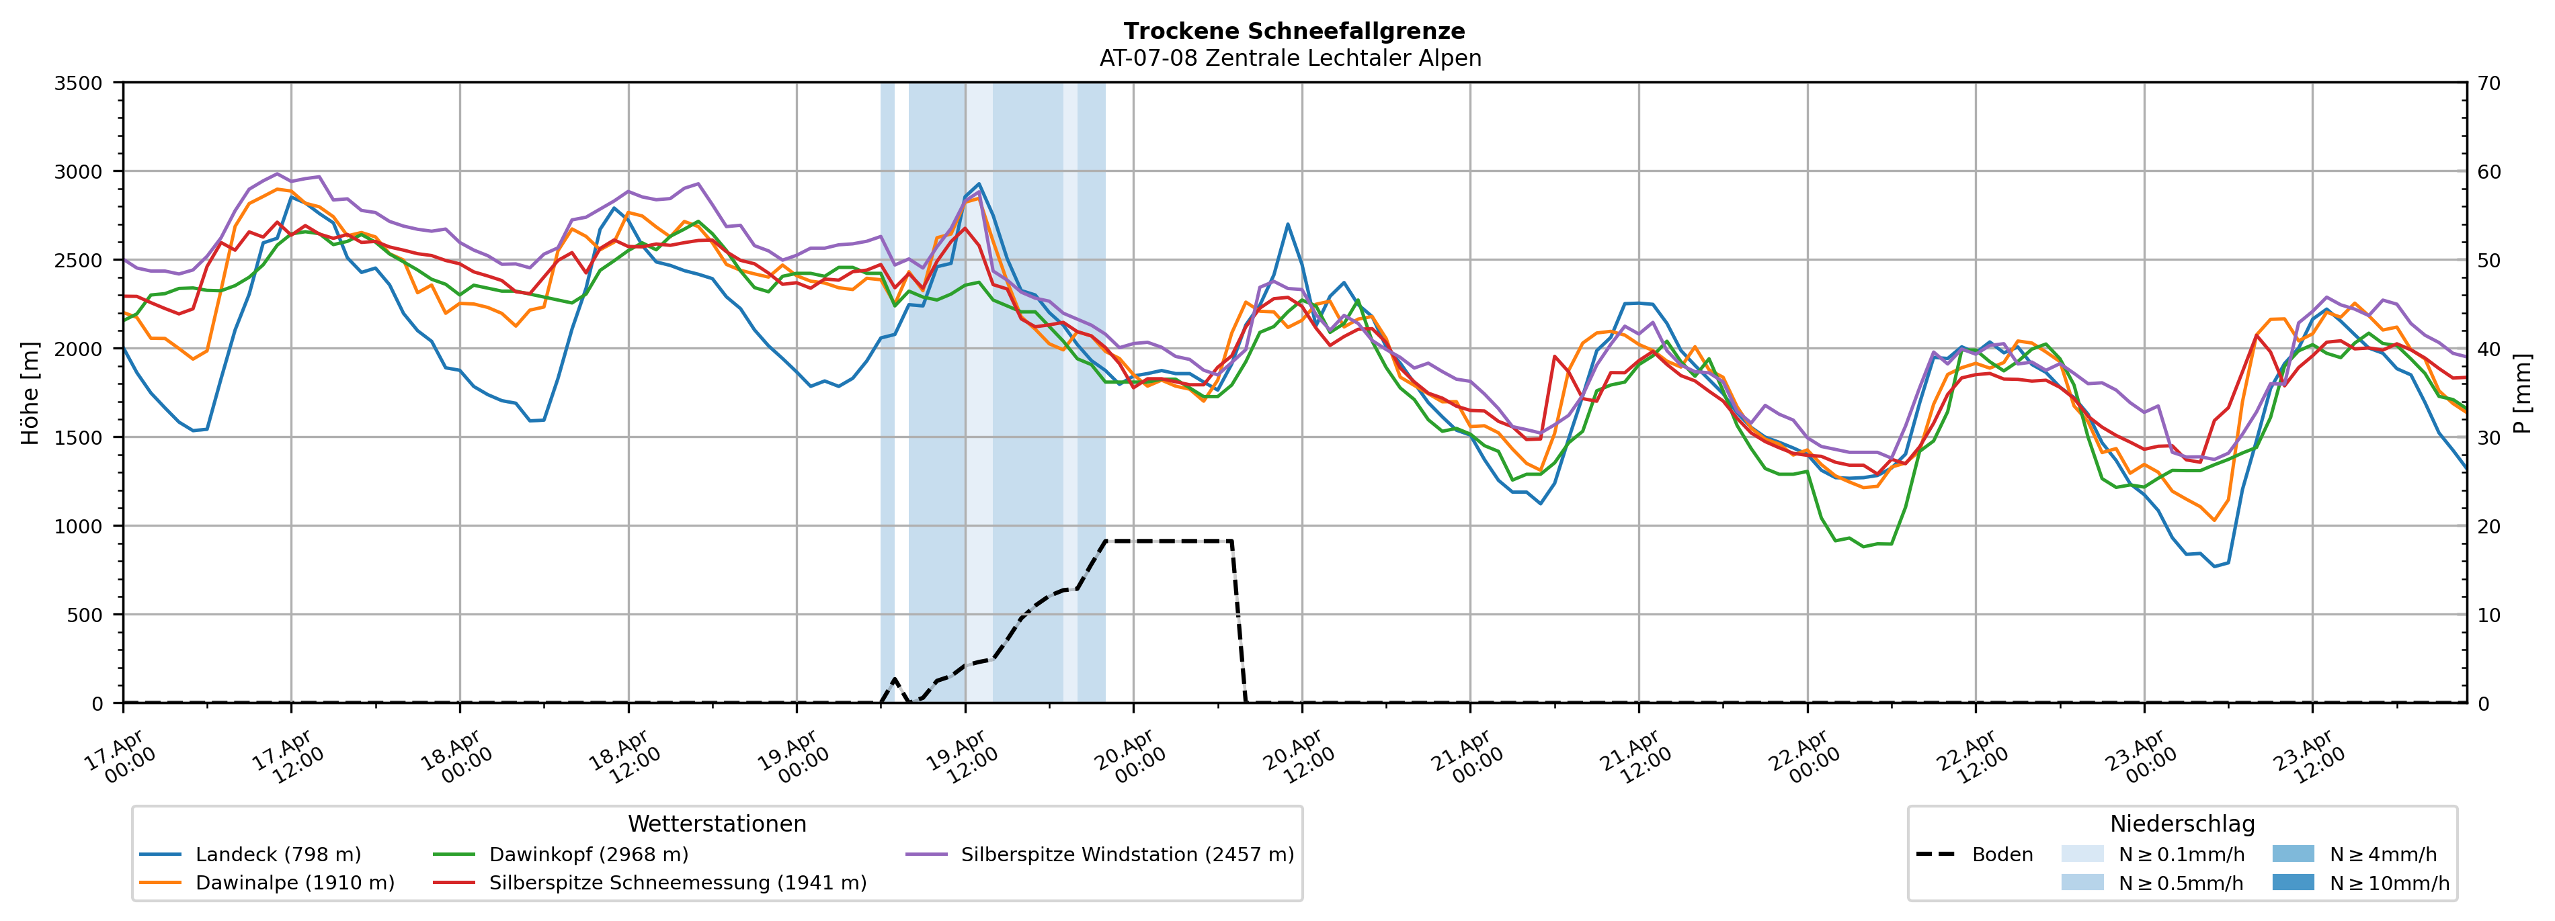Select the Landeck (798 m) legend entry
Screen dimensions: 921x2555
[278, 854]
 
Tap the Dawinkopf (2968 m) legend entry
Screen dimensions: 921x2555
[588, 854]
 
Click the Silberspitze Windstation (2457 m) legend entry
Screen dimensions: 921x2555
[1127, 854]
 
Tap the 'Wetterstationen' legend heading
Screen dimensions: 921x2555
[717, 824]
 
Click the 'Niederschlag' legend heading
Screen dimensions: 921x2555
[2182, 824]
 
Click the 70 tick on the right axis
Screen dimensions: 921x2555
[2488, 83]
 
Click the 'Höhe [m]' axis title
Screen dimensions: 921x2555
[31, 394]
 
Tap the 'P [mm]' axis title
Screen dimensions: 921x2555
[2522, 394]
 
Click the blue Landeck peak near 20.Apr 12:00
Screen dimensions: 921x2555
[1287, 224]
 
